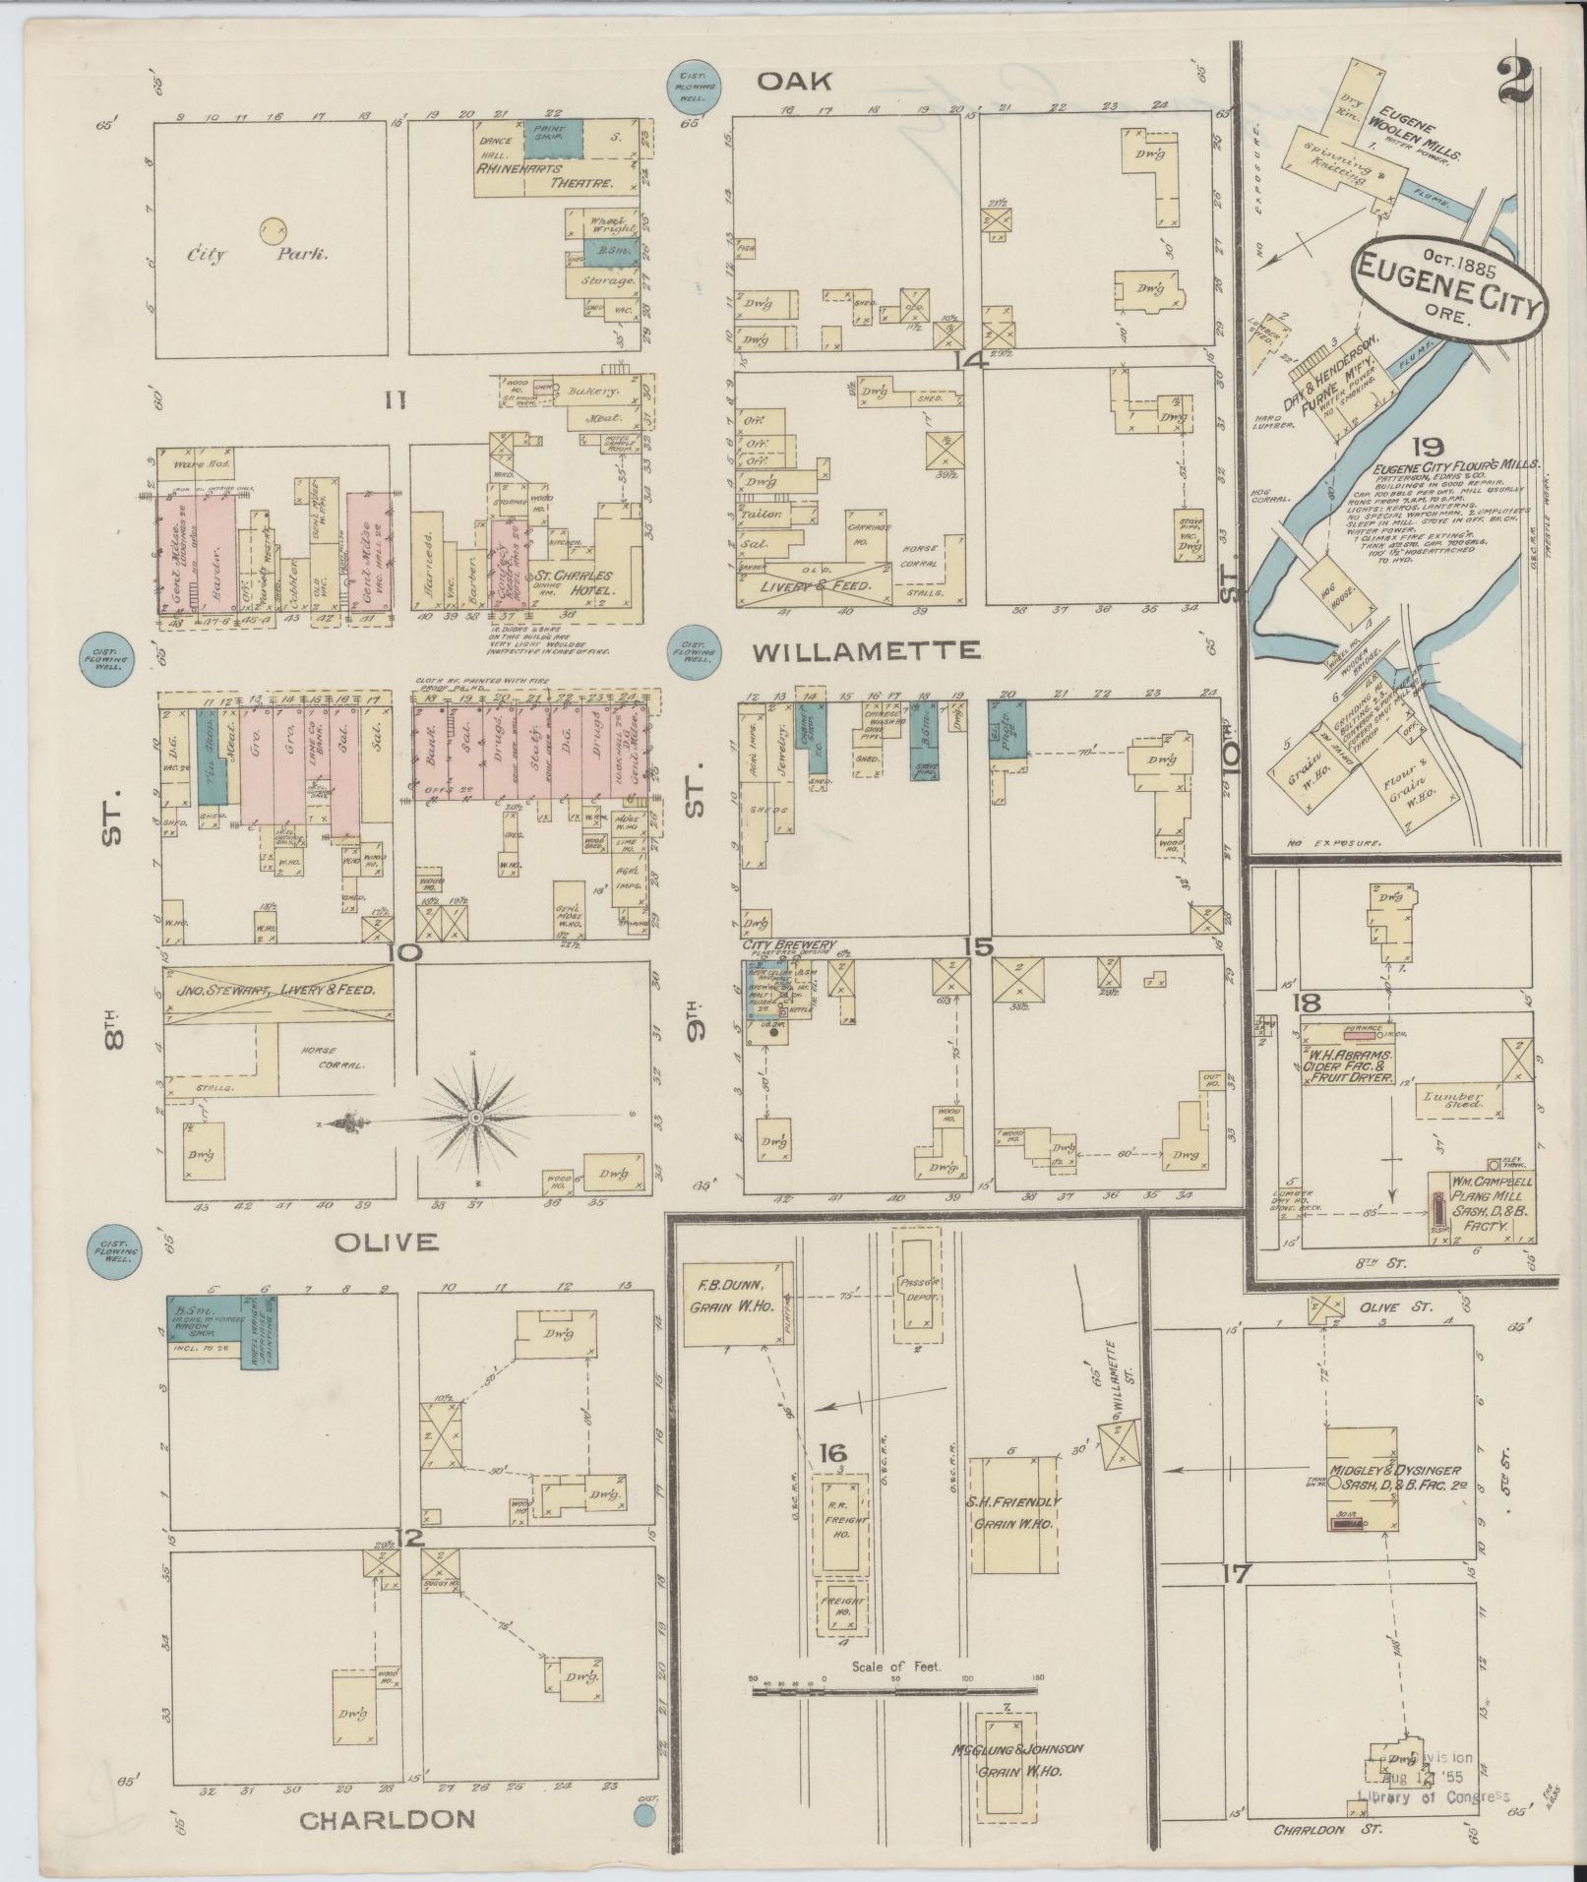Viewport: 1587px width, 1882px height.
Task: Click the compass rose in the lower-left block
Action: point(475,1119)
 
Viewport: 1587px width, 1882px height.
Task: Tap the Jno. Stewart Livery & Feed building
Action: point(278,990)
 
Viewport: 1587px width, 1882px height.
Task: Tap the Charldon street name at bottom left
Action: point(387,1819)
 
